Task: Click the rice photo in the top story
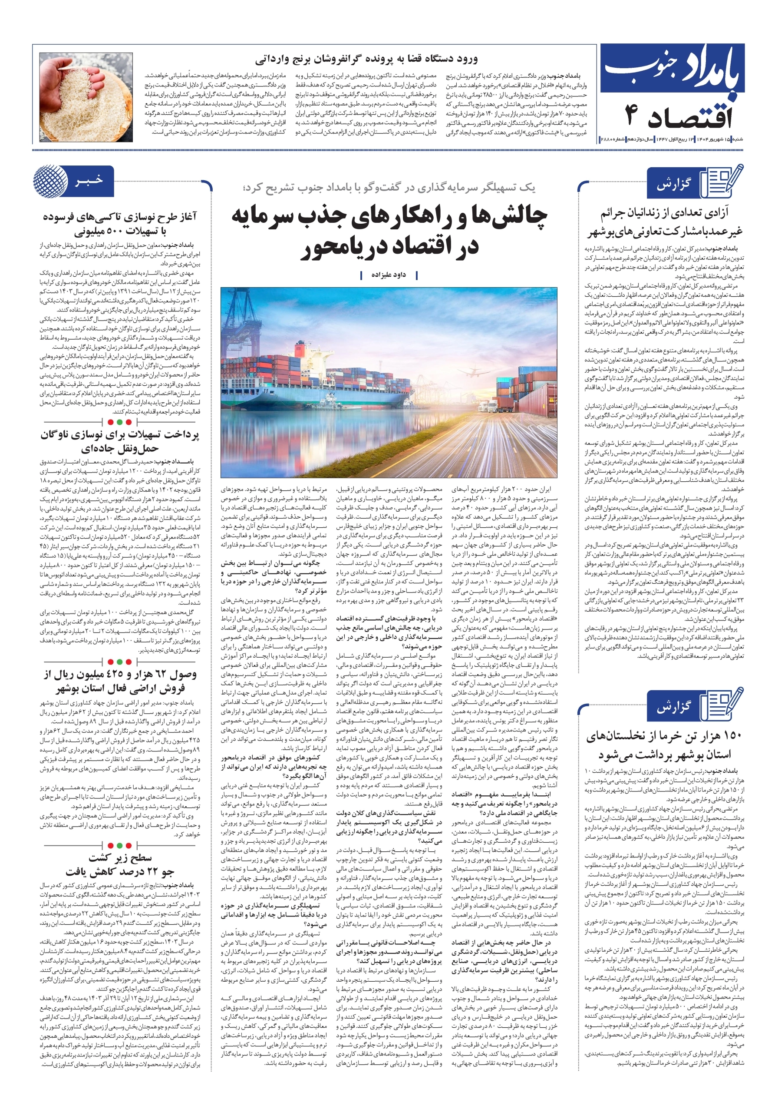[x=86, y=97]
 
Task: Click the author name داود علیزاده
[x=388, y=275]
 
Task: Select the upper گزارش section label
[x=673, y=184]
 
